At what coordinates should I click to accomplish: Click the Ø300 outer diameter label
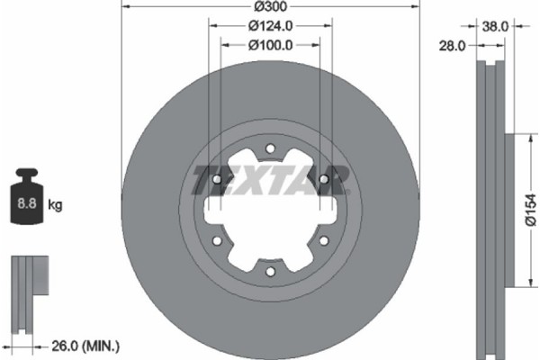(x=270, y=5)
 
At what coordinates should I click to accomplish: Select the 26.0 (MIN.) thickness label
(x=85, y=346)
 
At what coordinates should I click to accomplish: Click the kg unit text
(x=55, y=205)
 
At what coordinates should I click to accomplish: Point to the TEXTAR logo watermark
(x=270, y=179)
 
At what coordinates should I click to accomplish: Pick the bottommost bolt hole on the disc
(x=270, y=273)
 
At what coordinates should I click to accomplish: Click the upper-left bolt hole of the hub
(x=217, y=180)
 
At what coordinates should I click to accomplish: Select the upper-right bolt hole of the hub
(x=323, y=180)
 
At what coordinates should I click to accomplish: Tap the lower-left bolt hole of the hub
(x=217, y=241)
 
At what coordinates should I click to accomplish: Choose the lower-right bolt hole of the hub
(x=323, y=241)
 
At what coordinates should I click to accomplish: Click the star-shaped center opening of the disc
(x=270, y=212)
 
